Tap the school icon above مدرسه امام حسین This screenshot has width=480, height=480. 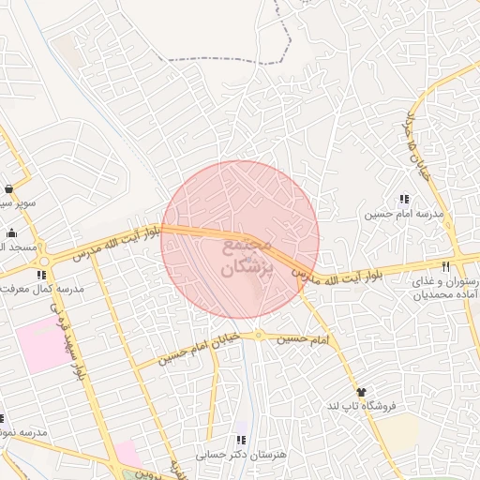(x=404, y=199)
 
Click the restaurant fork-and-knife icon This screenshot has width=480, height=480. (x=458, y=266)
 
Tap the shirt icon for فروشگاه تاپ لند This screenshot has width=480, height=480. (x=360, y=391)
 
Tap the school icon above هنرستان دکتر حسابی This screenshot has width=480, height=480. (x=241, y=439)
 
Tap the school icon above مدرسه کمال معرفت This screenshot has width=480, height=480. (x=41, y=275)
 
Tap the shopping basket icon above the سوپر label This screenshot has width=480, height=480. (x=9, y=187)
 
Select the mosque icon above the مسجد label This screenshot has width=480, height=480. (x=11, y=233)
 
